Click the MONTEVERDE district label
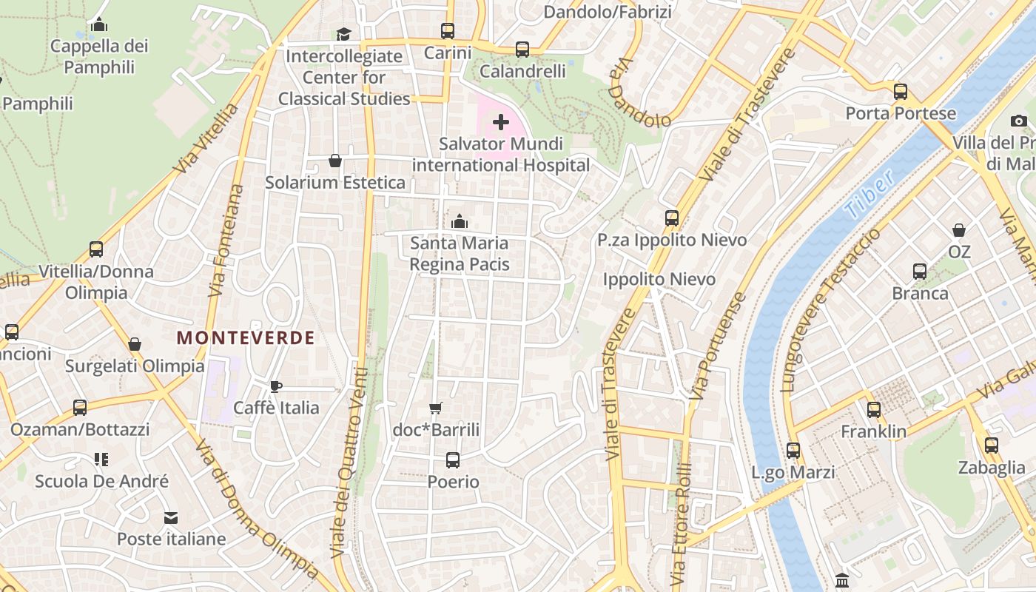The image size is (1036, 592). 246,338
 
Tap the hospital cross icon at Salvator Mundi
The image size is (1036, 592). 501,122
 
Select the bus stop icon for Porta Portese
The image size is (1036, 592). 901,92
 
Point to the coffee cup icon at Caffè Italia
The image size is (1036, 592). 276,386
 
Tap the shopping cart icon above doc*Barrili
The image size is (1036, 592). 436,408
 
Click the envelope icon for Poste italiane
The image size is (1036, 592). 171,517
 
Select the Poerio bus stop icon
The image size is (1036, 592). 453,460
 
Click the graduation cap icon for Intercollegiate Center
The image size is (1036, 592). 343,34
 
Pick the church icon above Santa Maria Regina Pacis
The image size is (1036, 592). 459,221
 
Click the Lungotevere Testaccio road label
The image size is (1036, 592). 830,309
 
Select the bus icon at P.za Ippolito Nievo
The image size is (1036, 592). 672,218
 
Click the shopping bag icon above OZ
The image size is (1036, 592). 959,230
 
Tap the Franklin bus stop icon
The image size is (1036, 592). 874,409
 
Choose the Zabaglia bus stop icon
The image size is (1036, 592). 992,445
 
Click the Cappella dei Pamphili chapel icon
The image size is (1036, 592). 99,25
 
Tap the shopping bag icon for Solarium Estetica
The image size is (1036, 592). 335,161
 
